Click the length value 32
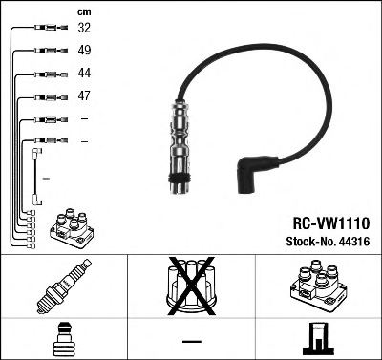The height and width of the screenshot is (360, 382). (84, 30)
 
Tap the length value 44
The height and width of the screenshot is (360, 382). (84, 74)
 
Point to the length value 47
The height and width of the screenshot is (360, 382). (84, 96)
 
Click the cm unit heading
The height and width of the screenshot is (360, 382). (83, 11)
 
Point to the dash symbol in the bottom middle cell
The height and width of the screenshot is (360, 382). (191, 341)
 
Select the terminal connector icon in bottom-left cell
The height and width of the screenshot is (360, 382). (62, 338)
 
